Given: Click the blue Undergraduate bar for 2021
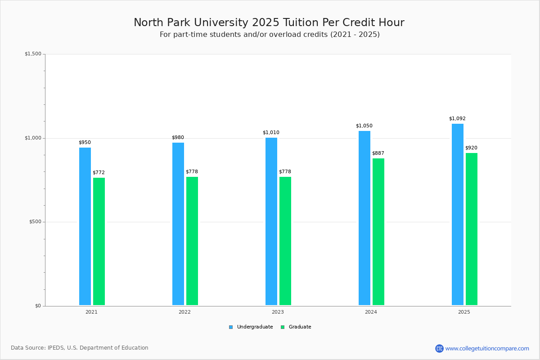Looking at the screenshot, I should [x=85, y=226].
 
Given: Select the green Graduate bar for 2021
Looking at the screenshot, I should [x=99, y=241].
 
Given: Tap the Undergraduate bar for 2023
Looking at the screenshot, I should [x=271, y=221].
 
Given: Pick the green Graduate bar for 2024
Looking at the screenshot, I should [x=378, y=232].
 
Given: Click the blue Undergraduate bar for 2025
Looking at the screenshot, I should [x=458, y=215].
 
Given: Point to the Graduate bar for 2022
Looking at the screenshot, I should [x=192, y=241].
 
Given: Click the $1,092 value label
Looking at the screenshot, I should [x=457, y=119].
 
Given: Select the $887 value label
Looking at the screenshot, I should [x=378, y=153].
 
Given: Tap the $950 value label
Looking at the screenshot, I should [x=85, y=143].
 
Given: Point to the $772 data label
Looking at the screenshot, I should [x=99, y=173].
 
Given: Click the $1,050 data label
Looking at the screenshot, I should [x=364, y=126].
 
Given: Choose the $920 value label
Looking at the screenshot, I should [x=471, y=148].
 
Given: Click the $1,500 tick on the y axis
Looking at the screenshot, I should [x=33, y=54].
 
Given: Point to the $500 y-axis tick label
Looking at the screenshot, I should [x=35, y=222].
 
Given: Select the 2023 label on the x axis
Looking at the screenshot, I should [x=278, y=312].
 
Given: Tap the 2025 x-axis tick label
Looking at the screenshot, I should [x=464, y=312].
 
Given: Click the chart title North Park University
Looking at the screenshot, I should [x=269, y=22].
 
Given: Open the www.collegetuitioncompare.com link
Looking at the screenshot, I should [x=487, y=348].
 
